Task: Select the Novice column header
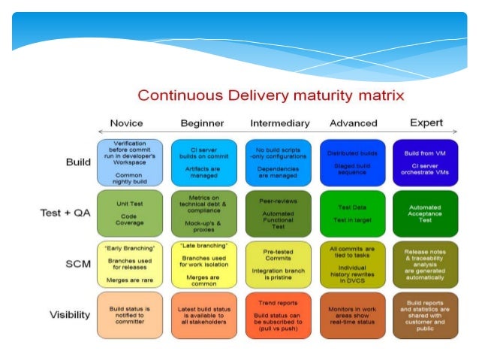click(x=126, y=123)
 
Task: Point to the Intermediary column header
click(x=279, y=123)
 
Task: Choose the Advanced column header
click(x=352, y=123)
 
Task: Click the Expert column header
click(x=426, y=123)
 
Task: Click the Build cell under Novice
click(x=130, y=162)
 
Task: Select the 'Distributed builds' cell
click(x=352, y=162)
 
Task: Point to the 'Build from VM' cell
click(x=425, y=162)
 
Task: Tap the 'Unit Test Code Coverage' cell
click(x=130, y=213)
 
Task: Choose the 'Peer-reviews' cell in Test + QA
click(x=279, y=213)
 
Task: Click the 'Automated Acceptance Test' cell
click(x=425, y=213)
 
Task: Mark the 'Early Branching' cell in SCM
click(x=130, y=264)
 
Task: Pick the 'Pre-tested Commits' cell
click(x=279, y=264)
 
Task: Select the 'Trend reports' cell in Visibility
click(x=279, y=314)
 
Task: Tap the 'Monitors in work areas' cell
click(x=352, y=314)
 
